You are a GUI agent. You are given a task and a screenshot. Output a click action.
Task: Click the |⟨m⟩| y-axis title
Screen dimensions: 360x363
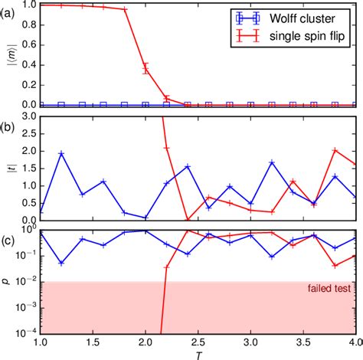pyautogui.click(x=9, y=54)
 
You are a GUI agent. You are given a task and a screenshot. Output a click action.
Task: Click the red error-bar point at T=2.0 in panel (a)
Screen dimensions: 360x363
pyautogui.click(x=146, y=69)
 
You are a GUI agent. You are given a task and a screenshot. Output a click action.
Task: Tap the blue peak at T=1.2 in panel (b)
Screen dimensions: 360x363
pyautogui.click(x=61, y=154)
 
